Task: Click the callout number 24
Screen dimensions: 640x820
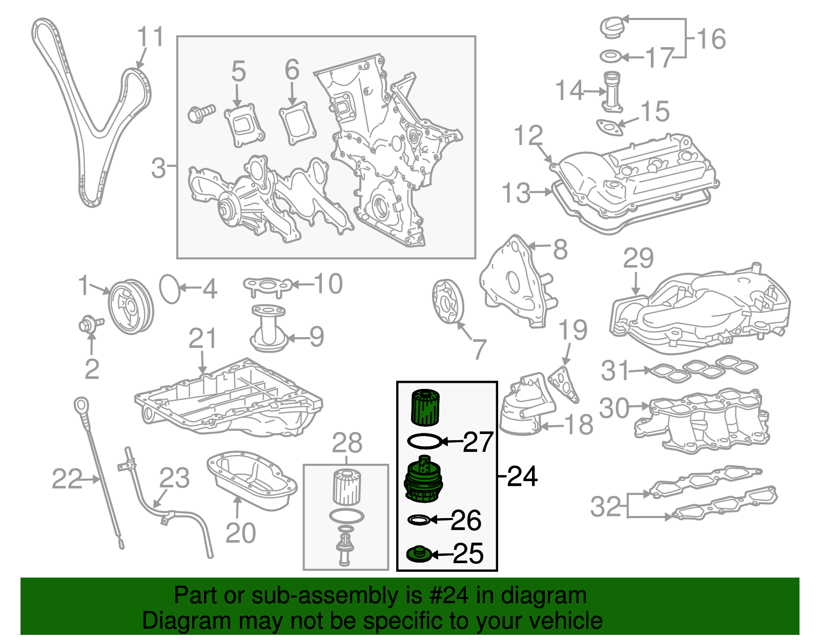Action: pos(522,477)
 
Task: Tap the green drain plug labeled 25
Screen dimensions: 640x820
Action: pos(418,554)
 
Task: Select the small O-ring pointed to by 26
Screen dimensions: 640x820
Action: pos(418,520)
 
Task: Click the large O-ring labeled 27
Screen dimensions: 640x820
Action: pos(424,441)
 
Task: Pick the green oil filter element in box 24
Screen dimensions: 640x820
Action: pos(425,407)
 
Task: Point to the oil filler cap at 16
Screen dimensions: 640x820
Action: pos(613,27)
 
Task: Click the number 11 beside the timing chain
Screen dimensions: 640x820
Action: pos(150,37)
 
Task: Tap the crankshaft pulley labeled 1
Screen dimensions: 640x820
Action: pos(131,306)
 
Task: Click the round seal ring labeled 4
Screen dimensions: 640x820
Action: pos(170,289)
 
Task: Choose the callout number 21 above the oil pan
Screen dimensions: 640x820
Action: pos(202,339)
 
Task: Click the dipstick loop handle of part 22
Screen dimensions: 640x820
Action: pos(81,405)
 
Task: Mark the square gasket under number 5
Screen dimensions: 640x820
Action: pos(244,125)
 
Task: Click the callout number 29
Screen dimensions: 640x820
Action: pos(638,258)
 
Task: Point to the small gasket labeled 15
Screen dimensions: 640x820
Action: pos(609,127)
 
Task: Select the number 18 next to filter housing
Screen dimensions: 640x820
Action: pos(579,425)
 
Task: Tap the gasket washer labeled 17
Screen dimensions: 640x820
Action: pos(610,56)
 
